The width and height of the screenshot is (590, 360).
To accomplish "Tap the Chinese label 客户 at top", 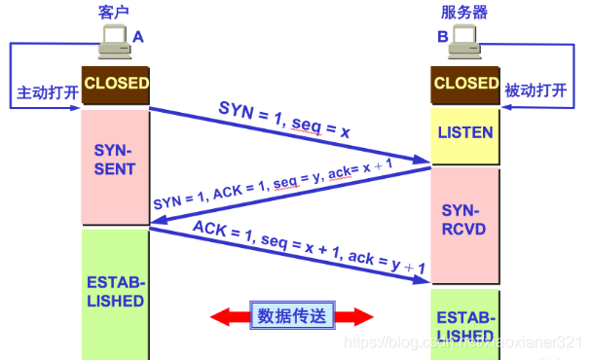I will coord(115,11).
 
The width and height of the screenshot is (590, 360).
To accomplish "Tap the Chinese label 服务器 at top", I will coord(464,11).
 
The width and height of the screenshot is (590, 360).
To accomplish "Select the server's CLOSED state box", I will coord(465,84).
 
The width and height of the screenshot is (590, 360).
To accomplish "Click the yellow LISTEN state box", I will coord(465,132).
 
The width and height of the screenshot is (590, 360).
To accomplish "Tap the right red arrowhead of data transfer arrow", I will coord(364,316).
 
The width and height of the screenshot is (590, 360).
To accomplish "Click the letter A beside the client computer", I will coord(138,35).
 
